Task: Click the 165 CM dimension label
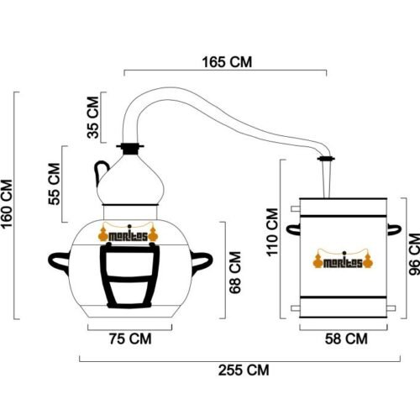[x=227, y=62]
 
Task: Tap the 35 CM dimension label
[x=93, y=118]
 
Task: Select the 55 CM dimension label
[x=54, y=184]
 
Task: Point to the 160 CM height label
[x=7, y=204]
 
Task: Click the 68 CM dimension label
[x=235, y=272]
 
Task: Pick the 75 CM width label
[x=130, y=339]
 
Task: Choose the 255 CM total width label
[x=244, y=370]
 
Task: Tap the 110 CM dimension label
[x=272, y=232]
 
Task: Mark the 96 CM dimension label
[x=414, y=254]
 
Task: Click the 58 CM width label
[x=346, y=339]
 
